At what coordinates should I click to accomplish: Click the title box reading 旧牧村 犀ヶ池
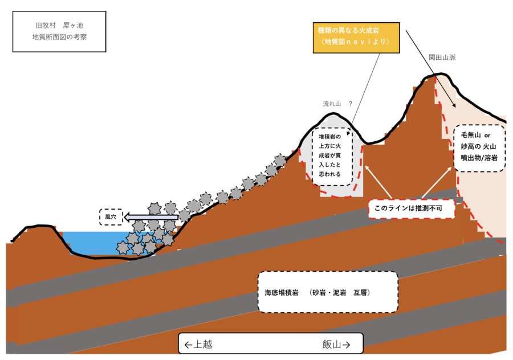click(59, 31)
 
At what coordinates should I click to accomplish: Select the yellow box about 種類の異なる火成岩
click(356, 38)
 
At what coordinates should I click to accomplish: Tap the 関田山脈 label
click(442, 57)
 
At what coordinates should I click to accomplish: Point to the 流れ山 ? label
click(337, 104)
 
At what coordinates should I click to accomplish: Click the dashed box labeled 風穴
click(111, 217)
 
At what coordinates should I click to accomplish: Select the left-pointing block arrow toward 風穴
click(151, 217)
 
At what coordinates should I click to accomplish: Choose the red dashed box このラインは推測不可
click(412, 208)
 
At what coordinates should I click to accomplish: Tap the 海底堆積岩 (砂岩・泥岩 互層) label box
click(328, 292)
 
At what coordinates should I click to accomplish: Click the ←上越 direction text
click(198, 344)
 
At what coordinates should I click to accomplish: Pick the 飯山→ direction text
click(336, 344)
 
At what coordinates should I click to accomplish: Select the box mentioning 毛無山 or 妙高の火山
click(479, 148)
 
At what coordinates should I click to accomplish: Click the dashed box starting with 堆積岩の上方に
click(332, 157)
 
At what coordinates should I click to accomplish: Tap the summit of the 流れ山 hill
click(333, 113)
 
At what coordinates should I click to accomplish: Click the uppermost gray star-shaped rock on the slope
click(280, 161)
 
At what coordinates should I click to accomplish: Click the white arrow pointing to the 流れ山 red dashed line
click(378, 182)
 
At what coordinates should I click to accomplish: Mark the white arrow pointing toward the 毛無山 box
click(437, 182)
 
